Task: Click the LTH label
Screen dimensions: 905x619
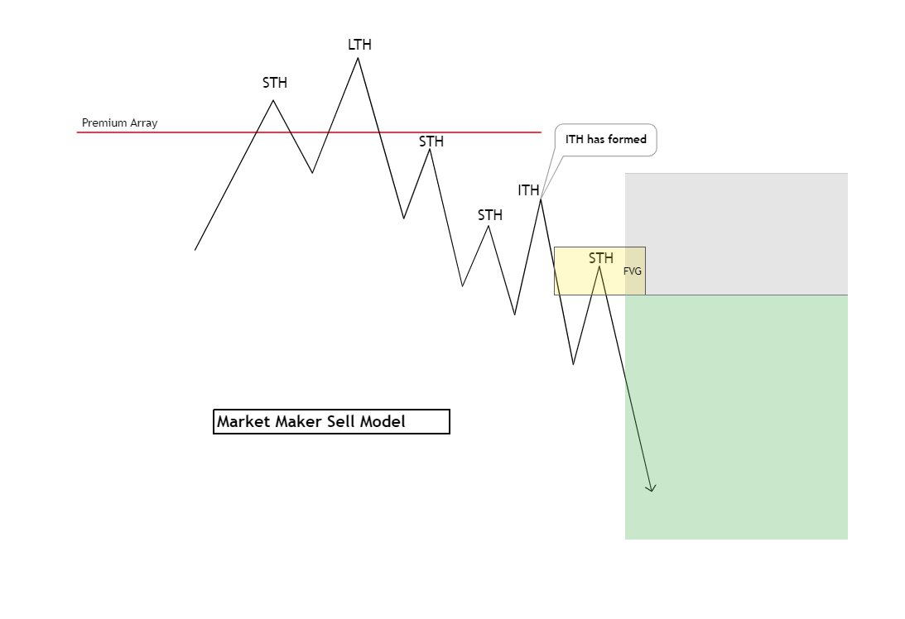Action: [359, 45]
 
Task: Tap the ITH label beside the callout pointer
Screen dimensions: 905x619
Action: [528, 190]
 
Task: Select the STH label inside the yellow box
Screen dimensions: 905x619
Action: [601, 258]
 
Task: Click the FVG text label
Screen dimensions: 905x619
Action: [633, 271]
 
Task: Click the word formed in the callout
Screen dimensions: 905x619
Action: [627, 139]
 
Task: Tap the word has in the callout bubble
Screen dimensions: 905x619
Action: [595, 139]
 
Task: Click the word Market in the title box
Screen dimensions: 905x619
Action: [244, 422]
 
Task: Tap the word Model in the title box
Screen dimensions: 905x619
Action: [383, 422]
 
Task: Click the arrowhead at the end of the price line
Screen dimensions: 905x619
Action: [652, 489]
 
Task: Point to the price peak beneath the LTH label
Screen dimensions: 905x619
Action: [358, 58]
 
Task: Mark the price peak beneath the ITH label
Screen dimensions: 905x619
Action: [540, 199]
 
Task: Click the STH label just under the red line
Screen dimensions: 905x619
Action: [431, 142]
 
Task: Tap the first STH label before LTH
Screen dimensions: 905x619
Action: [275, 83]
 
